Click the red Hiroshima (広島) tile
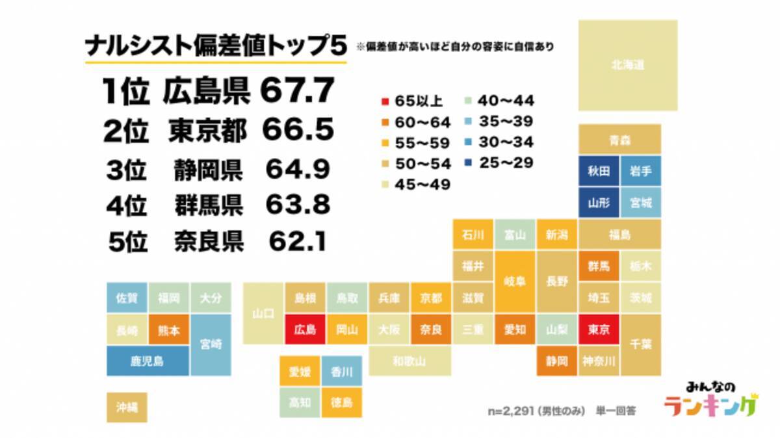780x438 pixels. point(305,329)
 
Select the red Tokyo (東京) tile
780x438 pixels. point(599,329)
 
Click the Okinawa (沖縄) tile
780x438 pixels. point(127,407)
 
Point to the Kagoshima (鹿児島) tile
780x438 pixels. point(148,361)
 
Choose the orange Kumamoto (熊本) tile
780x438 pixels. point(168,329)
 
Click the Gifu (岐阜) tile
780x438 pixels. point(515,282)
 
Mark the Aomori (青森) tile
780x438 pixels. point(619,140)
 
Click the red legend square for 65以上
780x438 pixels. point(385,101)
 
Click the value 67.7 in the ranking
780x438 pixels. point(297,90)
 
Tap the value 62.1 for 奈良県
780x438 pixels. point(297,242)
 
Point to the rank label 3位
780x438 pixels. point(127,171)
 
